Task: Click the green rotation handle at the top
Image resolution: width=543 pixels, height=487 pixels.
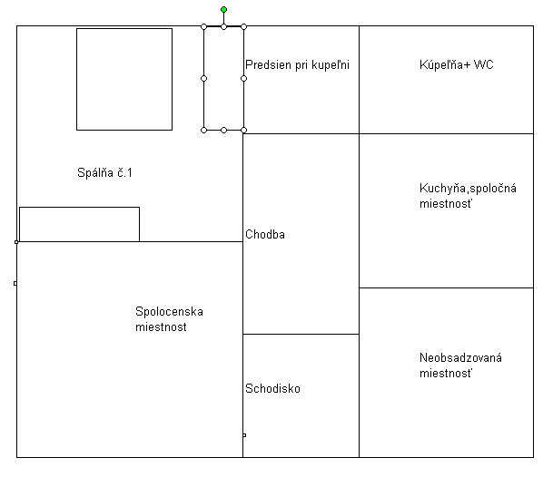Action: coord(223,9)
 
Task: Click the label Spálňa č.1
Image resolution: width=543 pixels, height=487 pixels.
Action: coord(104,172)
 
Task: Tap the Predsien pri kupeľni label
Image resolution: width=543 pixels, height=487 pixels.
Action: coord(297,64)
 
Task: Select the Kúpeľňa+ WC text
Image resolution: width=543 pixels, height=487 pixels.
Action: coord(456,64)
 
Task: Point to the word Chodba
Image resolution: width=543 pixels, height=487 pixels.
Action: coord(265,234)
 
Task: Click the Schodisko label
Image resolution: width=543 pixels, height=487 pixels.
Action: coord(272,388)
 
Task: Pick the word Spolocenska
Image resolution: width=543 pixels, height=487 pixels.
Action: coord(169,312)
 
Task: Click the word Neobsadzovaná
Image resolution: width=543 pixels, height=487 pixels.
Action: coord(460,357)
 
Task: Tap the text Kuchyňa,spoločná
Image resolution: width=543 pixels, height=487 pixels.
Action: coord(468,188)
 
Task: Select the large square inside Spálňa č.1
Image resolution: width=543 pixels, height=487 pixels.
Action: coord(124,28)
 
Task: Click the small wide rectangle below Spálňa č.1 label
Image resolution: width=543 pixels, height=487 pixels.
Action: coord(79,208)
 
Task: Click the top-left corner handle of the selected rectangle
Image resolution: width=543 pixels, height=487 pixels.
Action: coord(203,26)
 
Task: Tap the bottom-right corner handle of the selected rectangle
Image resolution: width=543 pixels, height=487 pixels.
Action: coord(243,130)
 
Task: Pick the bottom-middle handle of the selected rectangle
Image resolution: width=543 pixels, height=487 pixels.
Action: coord(223,130)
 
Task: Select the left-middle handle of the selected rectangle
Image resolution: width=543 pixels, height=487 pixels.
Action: coord(203,79)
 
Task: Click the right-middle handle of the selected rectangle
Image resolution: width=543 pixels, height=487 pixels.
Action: coord(243,79)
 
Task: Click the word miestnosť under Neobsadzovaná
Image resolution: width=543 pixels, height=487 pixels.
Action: coord(445,374)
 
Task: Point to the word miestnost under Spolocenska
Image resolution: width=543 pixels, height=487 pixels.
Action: coord(161,326)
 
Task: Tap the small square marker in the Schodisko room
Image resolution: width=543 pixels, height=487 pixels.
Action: coord(244,435)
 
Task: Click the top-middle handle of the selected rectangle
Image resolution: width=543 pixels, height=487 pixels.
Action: coord(223,26)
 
